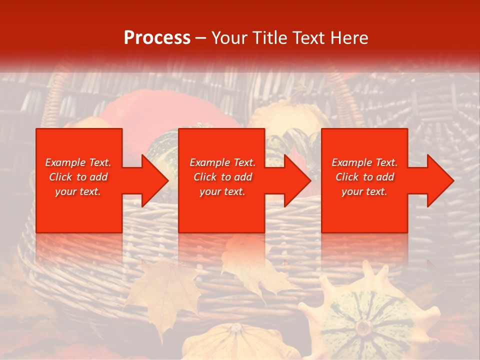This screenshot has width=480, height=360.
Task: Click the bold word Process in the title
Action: (157, 38)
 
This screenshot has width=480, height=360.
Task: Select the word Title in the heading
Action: (269, 38)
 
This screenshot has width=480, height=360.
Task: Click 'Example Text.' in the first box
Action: (78, 162)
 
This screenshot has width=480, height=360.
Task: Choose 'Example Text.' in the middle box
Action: (222, 162)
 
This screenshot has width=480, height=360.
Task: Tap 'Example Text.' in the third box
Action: (364, 162)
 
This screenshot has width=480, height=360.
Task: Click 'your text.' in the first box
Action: (78, 191)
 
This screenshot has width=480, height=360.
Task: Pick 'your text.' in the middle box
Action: (222, 191)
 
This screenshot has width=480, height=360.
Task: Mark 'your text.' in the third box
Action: (364, 191)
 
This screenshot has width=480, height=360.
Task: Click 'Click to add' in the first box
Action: (78, 177)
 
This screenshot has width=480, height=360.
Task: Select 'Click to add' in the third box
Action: (364, 177)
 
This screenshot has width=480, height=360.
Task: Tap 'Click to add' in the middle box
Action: (222, 177)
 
